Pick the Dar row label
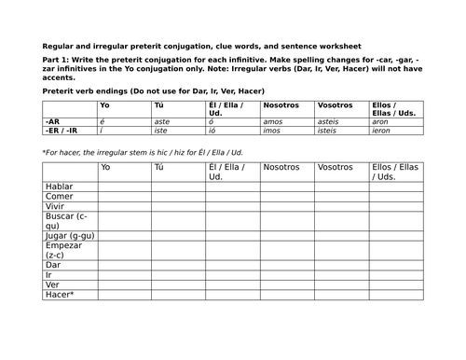click(53, 272)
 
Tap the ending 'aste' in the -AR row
click(163, 121)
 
